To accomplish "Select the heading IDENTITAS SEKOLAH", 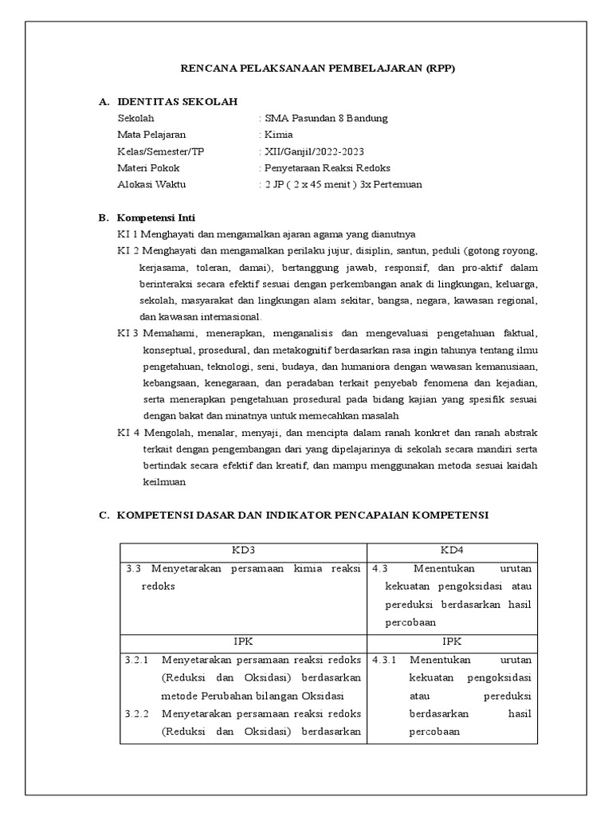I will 176,102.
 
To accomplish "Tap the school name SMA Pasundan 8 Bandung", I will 326,119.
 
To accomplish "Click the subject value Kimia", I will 278,135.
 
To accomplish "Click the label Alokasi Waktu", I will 151,185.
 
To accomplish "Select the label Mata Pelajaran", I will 151,135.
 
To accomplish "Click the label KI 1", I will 128,234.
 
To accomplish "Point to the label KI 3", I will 128,332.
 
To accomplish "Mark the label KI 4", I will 128,433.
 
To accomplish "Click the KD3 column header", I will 243,551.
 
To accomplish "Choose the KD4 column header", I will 452,551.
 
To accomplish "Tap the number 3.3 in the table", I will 133,569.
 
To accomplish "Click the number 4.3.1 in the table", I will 386,660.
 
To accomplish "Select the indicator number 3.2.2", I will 137,713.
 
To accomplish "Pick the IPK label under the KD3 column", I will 243,641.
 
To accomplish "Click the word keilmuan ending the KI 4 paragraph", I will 164,482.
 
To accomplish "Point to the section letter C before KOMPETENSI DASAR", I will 103,516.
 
